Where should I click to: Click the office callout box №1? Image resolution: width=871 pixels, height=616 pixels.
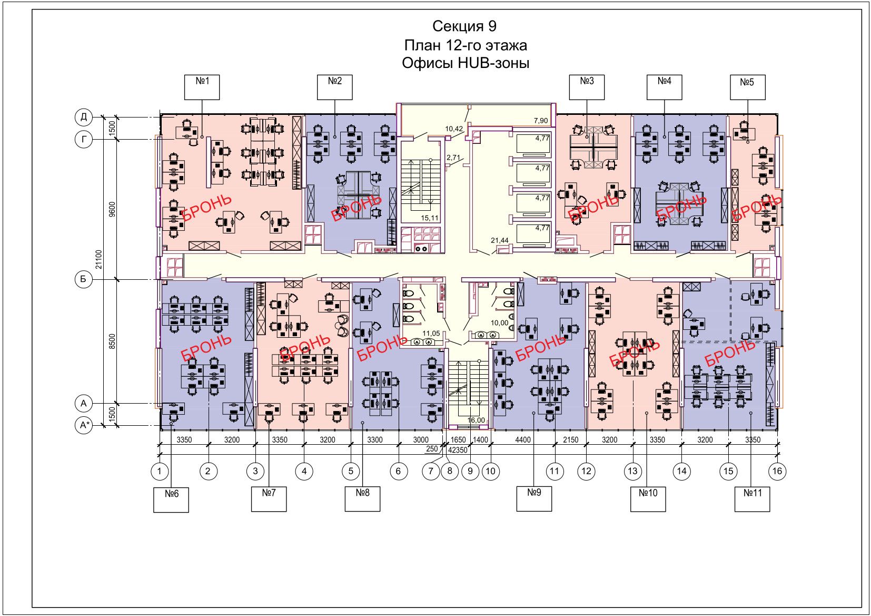point(202,87)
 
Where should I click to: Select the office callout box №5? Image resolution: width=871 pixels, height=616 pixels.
point(747,87)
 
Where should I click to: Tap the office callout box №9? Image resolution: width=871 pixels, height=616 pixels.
point(534,498)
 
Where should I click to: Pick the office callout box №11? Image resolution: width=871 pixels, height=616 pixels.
point(752,498)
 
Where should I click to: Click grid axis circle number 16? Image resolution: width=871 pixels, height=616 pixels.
point(777,471)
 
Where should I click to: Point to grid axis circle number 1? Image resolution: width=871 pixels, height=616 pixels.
point(160,471)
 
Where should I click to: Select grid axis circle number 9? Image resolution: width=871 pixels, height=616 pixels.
point(470,471)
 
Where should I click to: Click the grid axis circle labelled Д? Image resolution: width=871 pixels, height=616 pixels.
point(84,117)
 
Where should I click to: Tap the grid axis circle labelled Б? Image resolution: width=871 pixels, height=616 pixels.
point(84,279)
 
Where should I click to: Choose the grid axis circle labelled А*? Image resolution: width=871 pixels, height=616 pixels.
point(84,425)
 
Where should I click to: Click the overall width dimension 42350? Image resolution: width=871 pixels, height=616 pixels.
point(458,450)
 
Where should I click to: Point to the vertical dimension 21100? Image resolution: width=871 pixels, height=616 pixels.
point(98,259)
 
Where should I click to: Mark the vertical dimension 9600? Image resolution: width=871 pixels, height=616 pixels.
point(112,209)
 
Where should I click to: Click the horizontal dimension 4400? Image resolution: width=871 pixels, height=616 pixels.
point(522,440)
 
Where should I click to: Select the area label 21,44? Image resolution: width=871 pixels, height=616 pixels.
point(500,240)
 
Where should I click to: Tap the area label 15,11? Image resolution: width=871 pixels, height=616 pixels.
point(430,218)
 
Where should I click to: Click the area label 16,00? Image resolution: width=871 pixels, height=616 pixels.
point(476,420)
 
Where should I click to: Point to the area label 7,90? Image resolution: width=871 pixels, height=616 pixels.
point(541,121)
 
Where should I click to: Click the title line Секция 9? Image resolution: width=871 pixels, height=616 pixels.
point(464,26)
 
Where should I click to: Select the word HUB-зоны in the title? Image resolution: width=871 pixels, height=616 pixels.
point(493,63)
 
